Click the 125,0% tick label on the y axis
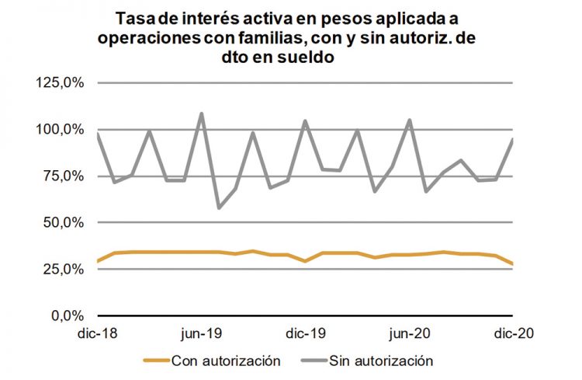coord(61,83)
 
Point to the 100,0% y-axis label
coord(61,130)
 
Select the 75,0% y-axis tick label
coord(64,176)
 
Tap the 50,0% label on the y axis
coord(64,223)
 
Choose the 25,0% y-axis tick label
coord(64,270)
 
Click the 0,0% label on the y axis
coord(68,316)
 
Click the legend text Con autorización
coord(225,361)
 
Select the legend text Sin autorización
coord(381,361)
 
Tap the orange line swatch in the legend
coord(155,361)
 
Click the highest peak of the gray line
coord(202,113)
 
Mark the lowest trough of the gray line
coord(219,208)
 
